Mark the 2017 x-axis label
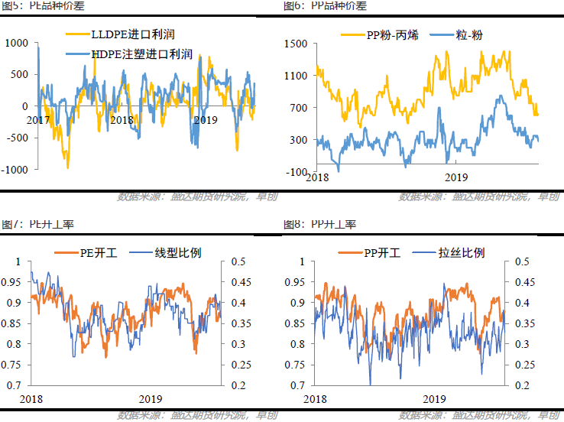pyautogui.click(x=38, y=120)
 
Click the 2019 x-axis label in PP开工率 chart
pyautogui.click(x=433, y=399)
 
